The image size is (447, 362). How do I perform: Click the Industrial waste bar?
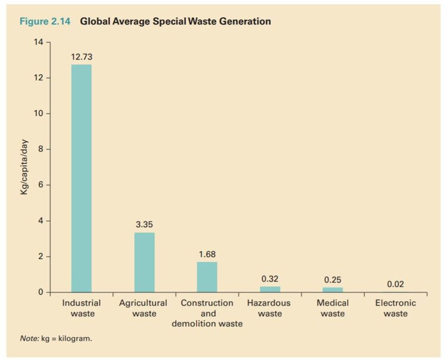[x=81, y=178]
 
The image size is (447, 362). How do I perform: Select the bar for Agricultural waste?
[x=144, y=262]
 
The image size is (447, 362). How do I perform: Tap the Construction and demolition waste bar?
[x=207, y=277]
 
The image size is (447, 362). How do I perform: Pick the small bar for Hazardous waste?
[x=270, y=289]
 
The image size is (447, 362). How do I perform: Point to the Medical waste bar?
[x=333, y=290]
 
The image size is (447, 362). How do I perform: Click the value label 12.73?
[x=81, y=57]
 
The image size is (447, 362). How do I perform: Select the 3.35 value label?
[x=144, y=224]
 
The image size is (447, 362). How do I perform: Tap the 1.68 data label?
[x=207, y=254]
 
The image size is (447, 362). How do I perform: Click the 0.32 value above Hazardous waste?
[x=270, y=279]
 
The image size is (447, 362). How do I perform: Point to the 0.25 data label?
[x=333, y=280]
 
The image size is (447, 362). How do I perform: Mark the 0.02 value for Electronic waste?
[x=395, y=284]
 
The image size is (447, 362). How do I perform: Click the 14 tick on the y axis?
[x=39, y=42]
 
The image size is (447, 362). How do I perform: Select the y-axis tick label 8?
[x=41, y=150]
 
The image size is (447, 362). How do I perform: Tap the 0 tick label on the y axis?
[x=41, y=292]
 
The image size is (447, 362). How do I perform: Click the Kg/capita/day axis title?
[x=24, y=167]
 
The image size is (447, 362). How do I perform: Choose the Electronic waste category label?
[x=395, y=308]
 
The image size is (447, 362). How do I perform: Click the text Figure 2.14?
[x=45, y=21]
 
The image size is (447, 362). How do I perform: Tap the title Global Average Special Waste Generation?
[x=175, y=21]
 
